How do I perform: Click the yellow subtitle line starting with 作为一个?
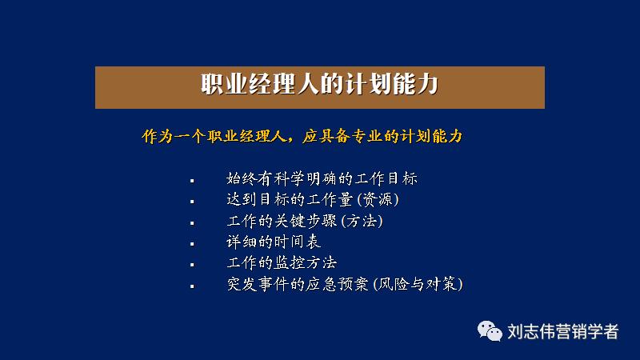[x=302, y=136]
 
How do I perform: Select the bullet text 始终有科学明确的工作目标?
[x=322, y=178]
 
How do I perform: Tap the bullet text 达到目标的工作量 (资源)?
[x=312, y=199]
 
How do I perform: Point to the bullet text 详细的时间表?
[x=274, y=242]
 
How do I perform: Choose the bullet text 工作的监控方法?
[x=282, y=262]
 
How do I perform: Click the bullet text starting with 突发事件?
[x=345, y=284]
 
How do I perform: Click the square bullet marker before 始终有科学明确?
[x=192, y=179]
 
